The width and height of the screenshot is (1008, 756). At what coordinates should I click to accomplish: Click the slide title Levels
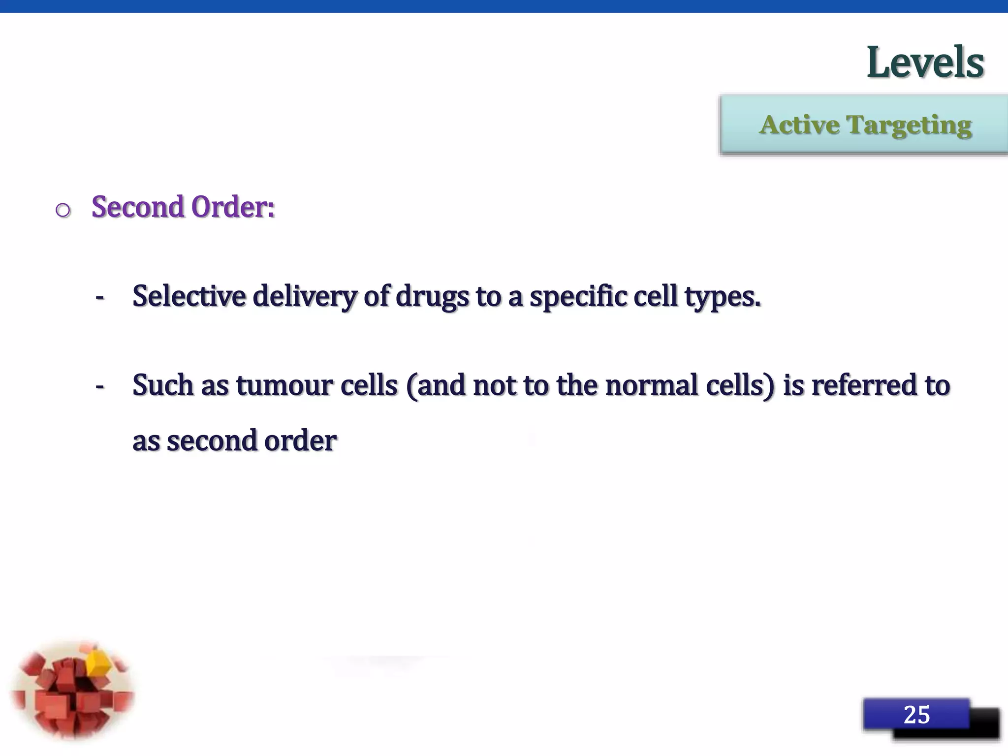pyautogui.click(x=925, y=63)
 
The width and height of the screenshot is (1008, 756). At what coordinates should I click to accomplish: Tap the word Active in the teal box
pyautogui.click(x=799, y=125)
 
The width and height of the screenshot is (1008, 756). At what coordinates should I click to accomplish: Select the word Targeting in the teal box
pyautogui.click(x=909, y=126)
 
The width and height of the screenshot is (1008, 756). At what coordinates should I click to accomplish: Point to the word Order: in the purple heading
pyautogui.click(x=233, y=207)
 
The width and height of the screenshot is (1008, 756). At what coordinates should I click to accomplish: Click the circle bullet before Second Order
pyautogui.click(x=63, y=211)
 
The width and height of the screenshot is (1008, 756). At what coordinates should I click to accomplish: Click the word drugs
pyautogui.click(x=432, y=297)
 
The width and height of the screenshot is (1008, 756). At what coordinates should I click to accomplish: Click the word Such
pyautogui.click(x=162, y=385)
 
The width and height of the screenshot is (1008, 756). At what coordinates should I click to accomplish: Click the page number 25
pyautogui.click(x=916, y=715)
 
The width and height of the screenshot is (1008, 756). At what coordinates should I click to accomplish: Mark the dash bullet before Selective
pyautogui.click(x=100, y=297)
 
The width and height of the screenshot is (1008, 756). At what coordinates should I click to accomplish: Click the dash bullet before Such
pyautogui.click(x=100, y=386)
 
